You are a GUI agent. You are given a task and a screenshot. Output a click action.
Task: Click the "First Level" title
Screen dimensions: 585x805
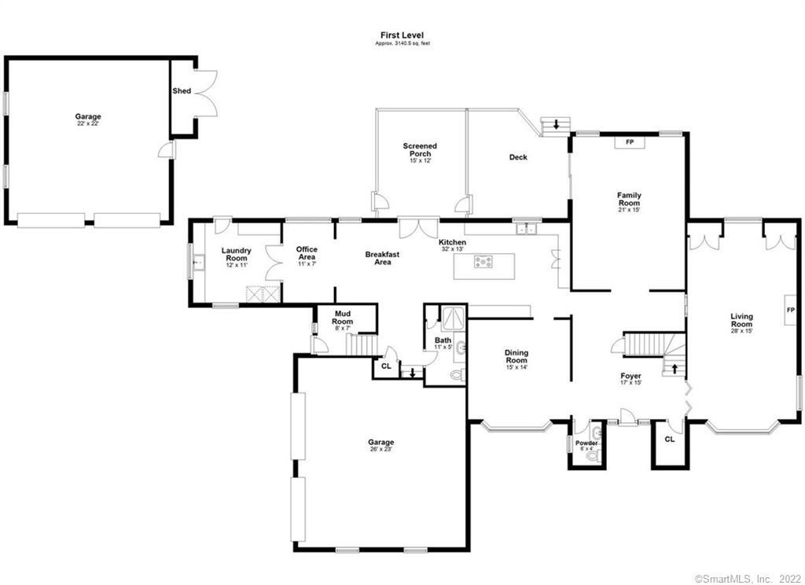pos(402,35)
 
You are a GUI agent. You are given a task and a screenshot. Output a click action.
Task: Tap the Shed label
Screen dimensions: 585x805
pos(182,91)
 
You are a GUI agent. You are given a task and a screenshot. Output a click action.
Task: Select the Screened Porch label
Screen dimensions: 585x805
pos(420,149)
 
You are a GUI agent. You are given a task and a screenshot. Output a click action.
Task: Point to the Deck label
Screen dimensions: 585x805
pos(518,157)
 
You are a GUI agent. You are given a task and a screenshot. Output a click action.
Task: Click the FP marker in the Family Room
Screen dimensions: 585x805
pos(629,142)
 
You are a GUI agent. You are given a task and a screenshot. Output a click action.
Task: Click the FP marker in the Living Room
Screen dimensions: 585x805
pos(790,310)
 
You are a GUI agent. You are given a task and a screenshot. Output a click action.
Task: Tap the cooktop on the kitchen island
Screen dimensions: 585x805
pos(483,263)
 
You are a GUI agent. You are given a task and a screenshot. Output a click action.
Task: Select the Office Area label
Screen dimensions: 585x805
pos(307,253)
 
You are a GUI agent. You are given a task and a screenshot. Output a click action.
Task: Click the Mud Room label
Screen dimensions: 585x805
pos(343,317)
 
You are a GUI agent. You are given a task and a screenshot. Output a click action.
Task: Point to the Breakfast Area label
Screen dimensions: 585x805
pos(382,258)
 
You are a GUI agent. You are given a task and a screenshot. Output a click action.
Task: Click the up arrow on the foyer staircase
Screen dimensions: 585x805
pos(674,368)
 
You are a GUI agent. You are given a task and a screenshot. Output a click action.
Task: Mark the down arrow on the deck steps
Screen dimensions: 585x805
pos(557,124)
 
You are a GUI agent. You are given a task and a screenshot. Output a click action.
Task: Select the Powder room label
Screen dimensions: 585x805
pos(586,443)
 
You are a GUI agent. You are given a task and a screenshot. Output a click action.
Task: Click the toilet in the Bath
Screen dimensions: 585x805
pos(457,375)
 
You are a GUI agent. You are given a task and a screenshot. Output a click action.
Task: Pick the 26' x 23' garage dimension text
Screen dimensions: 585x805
pos(380,450)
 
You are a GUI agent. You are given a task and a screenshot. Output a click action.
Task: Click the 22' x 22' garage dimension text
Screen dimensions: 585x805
pos(88,123)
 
